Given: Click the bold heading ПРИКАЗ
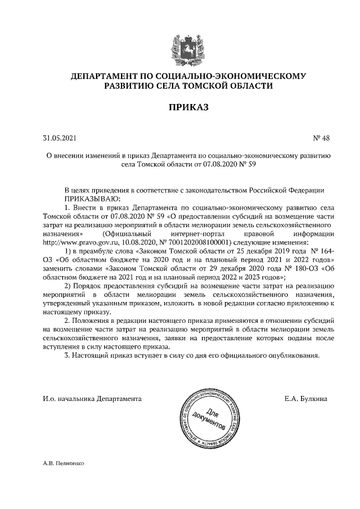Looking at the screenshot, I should pos(179,106).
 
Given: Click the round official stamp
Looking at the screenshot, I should pos(209,417).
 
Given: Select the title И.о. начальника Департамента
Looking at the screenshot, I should pos(92,398).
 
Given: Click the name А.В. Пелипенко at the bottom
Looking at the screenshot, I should pos(62,465).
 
